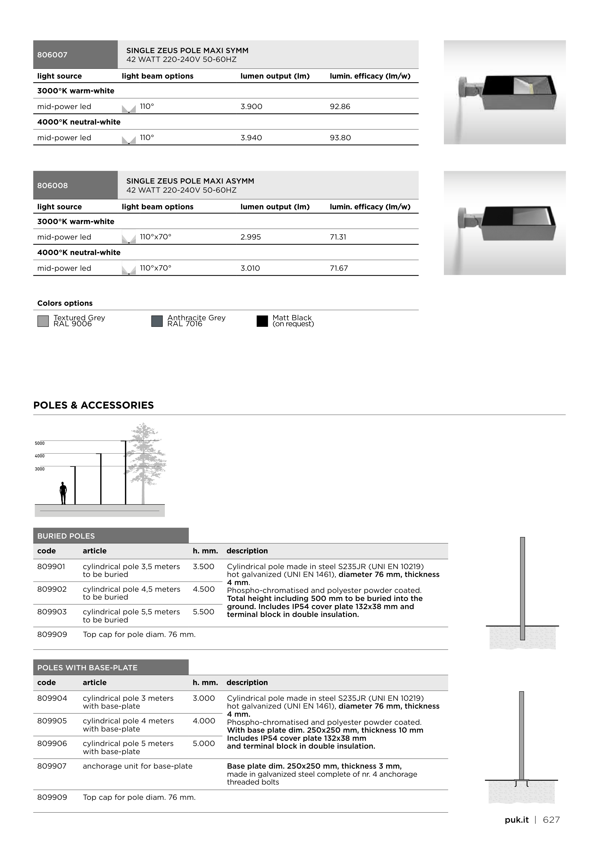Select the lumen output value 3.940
251,138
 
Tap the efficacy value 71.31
338,237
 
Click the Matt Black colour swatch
262,321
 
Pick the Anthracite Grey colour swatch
157,321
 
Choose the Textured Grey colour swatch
43,321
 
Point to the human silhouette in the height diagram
63,493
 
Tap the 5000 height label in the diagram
39,443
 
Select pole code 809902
52,589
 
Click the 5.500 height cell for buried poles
203,612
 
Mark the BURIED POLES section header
66,536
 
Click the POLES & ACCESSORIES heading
93,405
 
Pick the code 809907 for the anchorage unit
52,766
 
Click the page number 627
551,820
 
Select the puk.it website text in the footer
516,820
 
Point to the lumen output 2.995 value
251,237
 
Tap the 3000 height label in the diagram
39,469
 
